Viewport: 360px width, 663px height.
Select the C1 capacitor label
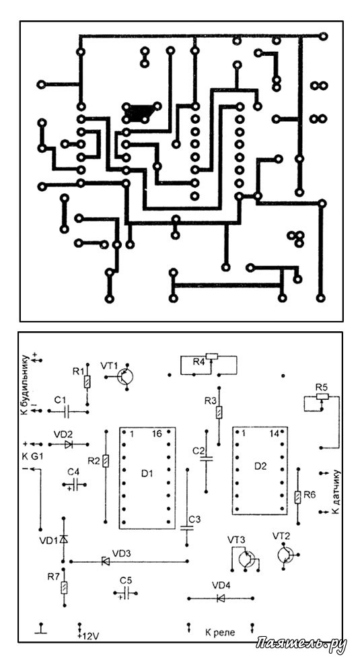60,399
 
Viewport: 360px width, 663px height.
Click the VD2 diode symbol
69,444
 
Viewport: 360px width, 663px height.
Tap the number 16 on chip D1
157,434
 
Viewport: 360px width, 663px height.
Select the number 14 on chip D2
274,433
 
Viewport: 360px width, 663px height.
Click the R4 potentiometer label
199,361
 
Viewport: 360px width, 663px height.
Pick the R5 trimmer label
322,387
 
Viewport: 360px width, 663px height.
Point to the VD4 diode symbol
220,598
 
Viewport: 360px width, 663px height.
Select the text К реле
220,633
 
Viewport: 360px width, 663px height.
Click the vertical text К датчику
336,491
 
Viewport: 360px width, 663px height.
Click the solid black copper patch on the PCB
137,113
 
